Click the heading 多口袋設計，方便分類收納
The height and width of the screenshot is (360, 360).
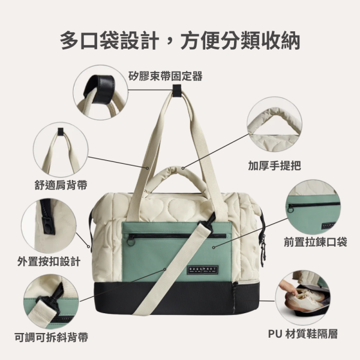pos(180,40)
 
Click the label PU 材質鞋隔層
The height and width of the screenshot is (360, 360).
pos(303,334)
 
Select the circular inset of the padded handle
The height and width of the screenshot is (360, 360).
pos(274,125)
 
